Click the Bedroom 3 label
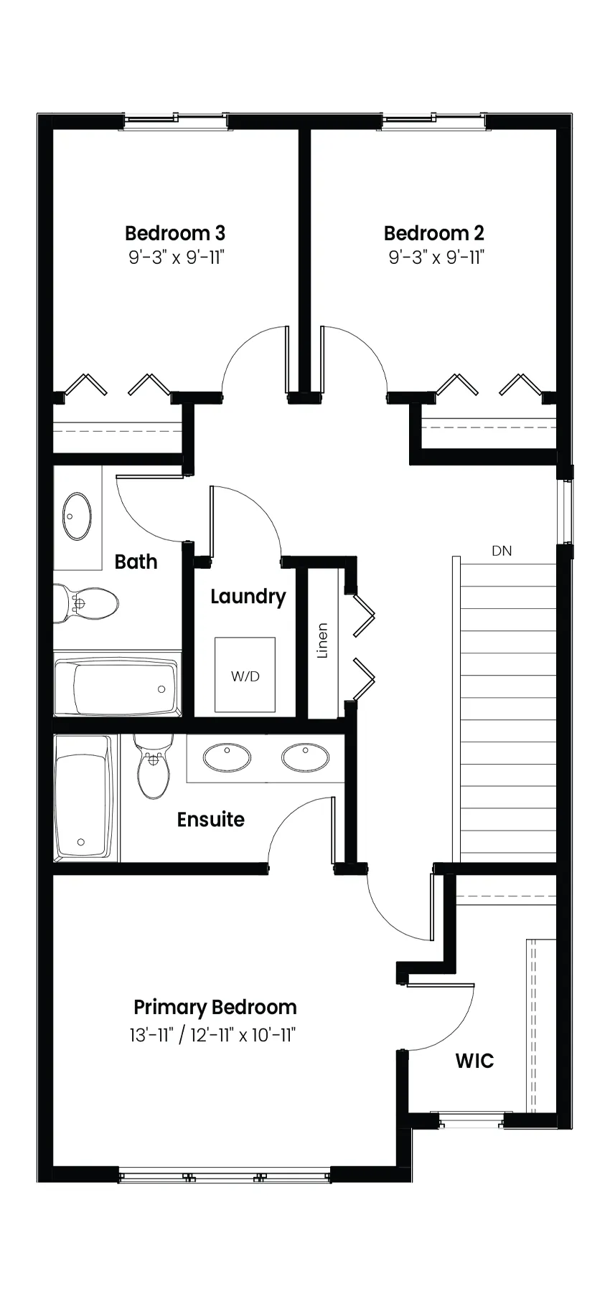click(x=175, y=233)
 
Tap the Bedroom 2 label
click(x=434, y=233)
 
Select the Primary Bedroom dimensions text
click(x=213, y=1035)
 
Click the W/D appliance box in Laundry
click(x=245, y=675)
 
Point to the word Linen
click(x=322, y=640)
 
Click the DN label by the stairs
click(x=502, y=551)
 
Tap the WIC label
click(x=475, y=1061)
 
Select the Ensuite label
click(x=211, y=819)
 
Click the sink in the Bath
click(x=77, y=516)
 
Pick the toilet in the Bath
click(x=86, y=603)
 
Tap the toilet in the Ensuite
click(x=152, y=766)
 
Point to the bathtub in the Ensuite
click(x=84, y=797)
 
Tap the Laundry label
click(x=248, y=597)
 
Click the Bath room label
click(x=136, y=562)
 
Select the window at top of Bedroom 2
click(x=434, y=121)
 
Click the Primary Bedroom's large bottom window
click(x=224, y=1176)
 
